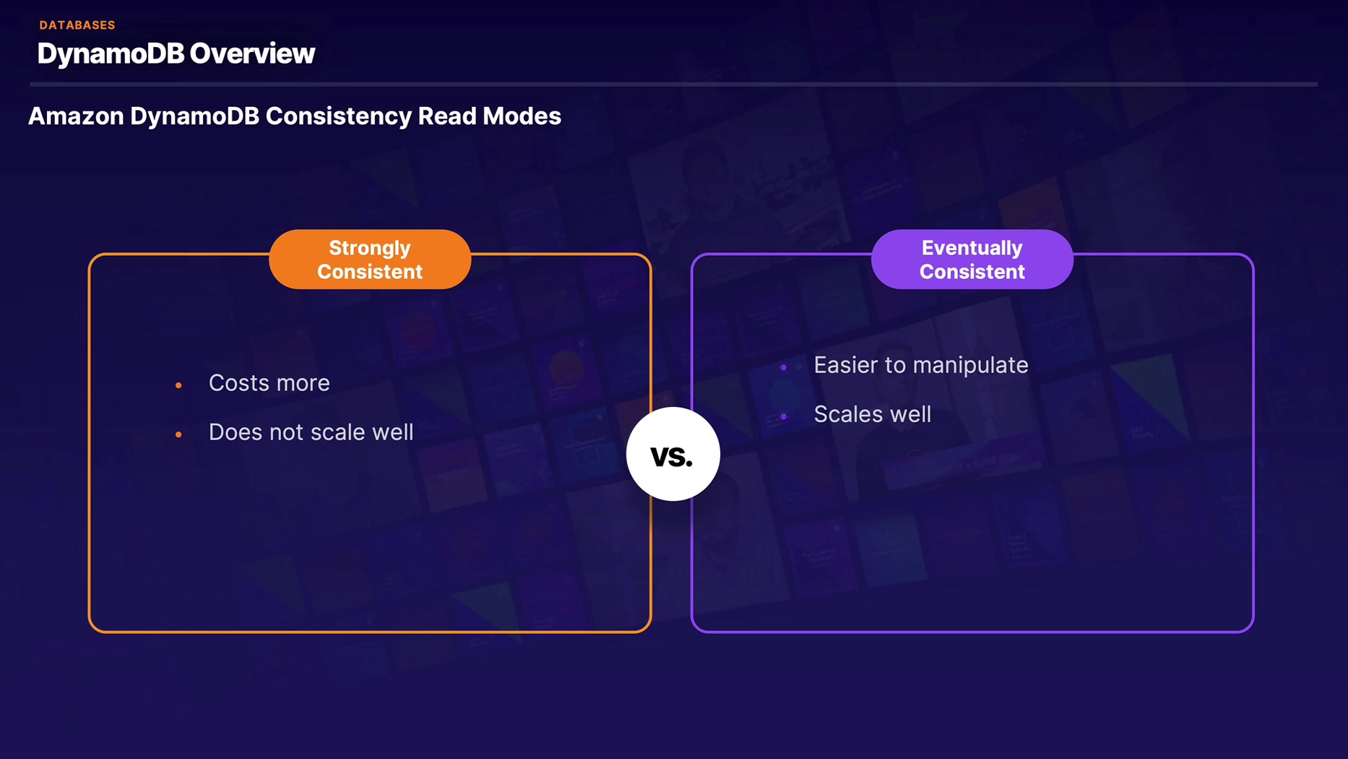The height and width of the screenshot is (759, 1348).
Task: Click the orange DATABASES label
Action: click(x=77, y=25)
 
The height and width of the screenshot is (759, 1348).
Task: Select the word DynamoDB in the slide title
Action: click(x=111, y=53)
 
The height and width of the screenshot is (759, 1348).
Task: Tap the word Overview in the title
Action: click(x=252, y=53)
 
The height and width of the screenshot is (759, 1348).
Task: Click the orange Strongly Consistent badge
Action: click(x=370, y=260)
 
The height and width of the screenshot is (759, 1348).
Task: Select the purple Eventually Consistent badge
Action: click(x=972, y=260)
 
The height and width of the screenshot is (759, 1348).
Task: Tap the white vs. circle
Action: click(x=673, y=454)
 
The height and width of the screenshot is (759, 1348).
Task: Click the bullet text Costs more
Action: click(x=269, y=383)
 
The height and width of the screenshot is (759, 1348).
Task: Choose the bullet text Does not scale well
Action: click(x=311, y=432)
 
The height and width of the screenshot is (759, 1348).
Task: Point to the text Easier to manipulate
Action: click(x=920, y=365)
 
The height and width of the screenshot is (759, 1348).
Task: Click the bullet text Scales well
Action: click(x=872, y=414)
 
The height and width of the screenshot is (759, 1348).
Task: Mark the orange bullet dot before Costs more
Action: click(x=178, y=385)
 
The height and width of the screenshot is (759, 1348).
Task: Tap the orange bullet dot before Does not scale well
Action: click(x=178, y=434)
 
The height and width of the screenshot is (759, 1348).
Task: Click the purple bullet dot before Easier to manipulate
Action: click(x=784, y=367)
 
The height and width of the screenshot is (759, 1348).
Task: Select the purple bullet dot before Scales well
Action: click(x=784, y=416)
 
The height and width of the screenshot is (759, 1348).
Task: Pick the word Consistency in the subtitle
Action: click(x=338, y=116)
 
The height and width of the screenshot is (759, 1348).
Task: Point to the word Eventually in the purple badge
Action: click(x=972, y=248)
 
